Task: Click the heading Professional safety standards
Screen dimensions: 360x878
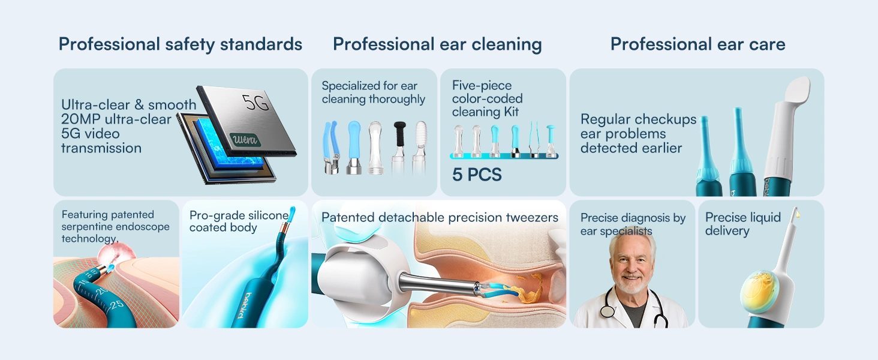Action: [x=180, y=44]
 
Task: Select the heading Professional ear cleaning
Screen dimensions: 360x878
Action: [x=437, y=44]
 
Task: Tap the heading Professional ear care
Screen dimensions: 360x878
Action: [x=697, y=44]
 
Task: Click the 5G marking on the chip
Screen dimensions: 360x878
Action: [x=256, y=103]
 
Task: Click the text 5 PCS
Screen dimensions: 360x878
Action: [x=477, y=175]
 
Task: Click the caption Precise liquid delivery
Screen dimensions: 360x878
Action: [x=742, y=224]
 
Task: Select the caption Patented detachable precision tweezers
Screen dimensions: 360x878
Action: [x=440, y=217]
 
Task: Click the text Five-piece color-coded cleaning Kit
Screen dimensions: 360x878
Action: [x=487, y=98]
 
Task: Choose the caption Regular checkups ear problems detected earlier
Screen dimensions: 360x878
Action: [x=638, y=133]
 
